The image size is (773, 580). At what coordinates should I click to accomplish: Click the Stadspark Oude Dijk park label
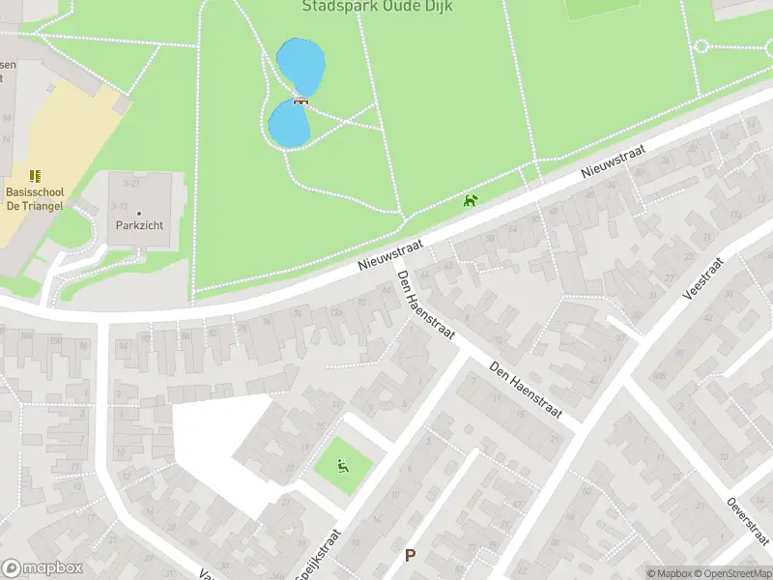click(x=377, y=7)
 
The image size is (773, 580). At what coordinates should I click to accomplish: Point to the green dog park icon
click(x=471, y=201)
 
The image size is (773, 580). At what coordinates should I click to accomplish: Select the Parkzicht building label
click(x=139, y=225)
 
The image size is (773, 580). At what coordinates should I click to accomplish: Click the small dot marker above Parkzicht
click(x=139, y=213)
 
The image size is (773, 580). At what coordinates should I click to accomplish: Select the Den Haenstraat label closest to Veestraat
click(x=526, y=391)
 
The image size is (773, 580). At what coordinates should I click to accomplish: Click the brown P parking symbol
click(x=410, y=556)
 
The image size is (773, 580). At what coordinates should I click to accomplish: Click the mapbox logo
click(x=42, y=568)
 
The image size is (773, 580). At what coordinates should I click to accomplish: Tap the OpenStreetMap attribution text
click(x=733, y=573)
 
